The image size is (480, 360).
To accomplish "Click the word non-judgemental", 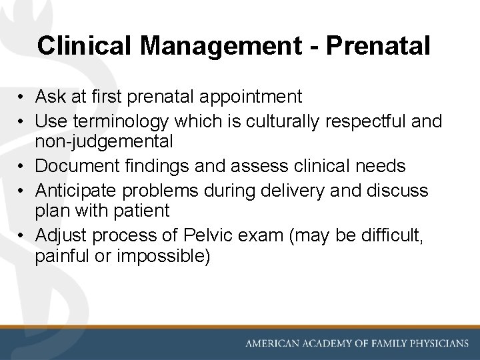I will coord(104,141).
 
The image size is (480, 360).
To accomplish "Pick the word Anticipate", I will coord(70,189).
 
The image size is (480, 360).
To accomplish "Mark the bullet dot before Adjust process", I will coord(22,235).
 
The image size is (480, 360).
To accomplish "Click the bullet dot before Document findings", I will coord(22,165).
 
